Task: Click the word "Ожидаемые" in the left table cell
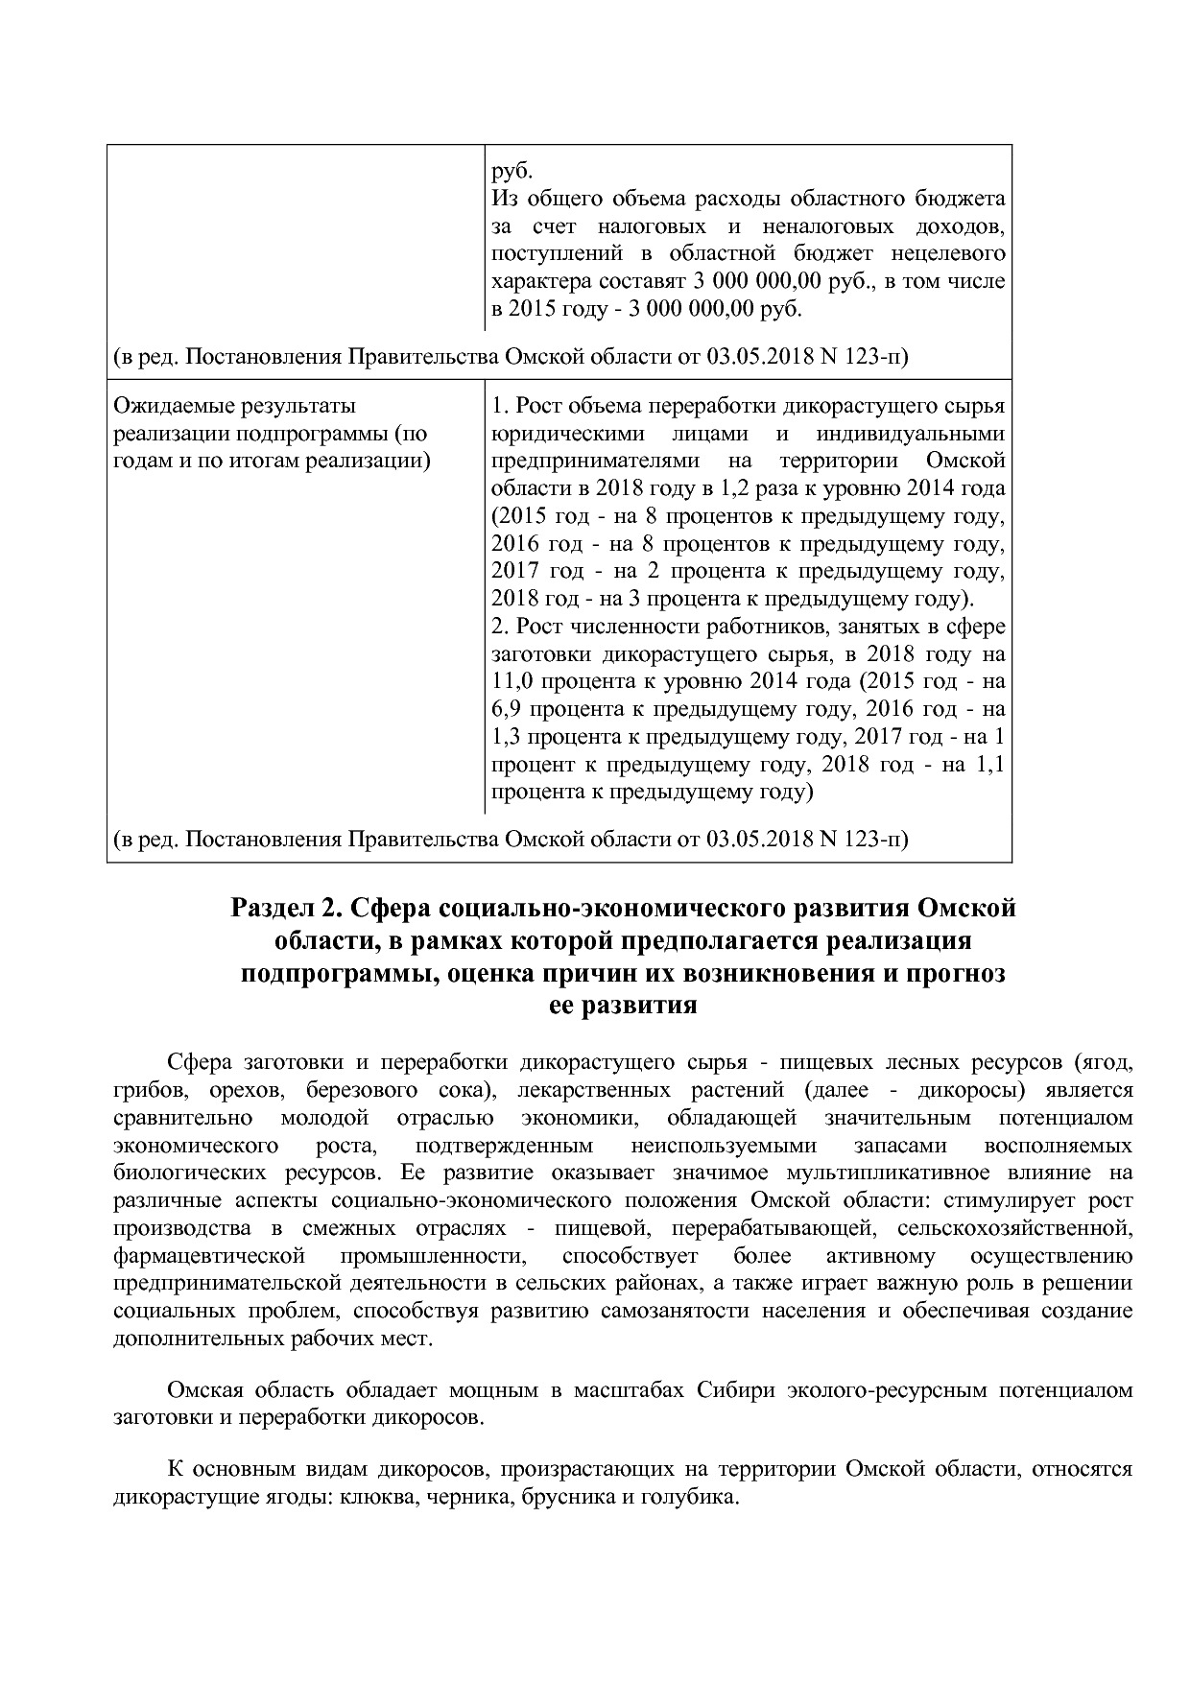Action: click(168, 406)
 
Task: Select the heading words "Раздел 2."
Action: click(284, 908)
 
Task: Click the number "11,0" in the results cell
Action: click(512, 682)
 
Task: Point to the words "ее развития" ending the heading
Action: click(622, 1007)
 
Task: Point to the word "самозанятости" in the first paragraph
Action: click(677, 1311)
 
